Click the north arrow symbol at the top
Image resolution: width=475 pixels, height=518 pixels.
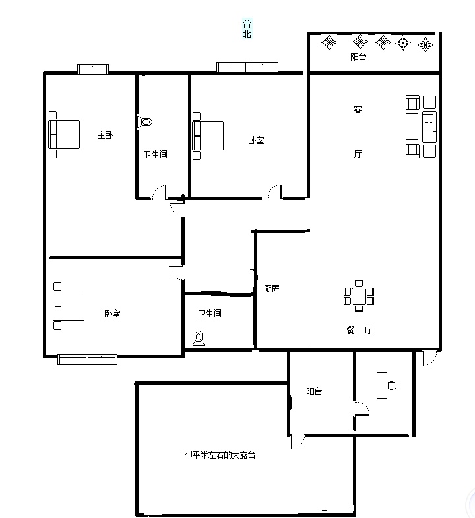click(247, 24)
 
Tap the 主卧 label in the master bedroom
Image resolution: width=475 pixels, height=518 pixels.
click(105, 135)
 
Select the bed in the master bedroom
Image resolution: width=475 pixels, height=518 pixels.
click(64, 135)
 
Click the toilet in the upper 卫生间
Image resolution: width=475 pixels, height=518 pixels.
click(144, 122)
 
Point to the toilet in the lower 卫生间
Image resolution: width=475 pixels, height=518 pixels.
click(199, 338)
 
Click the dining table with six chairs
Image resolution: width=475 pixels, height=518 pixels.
click(359, 296)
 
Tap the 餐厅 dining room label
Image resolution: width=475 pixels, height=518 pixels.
click(360, 330)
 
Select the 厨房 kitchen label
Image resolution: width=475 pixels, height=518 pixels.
click(272, 289)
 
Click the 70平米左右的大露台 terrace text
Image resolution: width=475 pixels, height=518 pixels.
click(219, 455)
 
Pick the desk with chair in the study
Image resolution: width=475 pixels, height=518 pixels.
click(386, 385)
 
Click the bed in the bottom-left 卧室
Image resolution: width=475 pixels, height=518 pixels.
click(69, 306)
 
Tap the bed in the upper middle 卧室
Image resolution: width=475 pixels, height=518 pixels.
click(208, 136)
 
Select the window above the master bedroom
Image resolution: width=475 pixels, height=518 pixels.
click(93, 69)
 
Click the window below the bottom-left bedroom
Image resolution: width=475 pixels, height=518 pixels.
click(87, 360)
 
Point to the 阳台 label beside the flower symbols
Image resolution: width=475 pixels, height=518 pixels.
click(358, 57)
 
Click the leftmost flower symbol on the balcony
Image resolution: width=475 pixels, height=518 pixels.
click(329, 42)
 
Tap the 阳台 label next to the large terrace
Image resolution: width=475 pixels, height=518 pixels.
click(314, 391)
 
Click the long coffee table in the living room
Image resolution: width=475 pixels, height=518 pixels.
click(412, 127)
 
